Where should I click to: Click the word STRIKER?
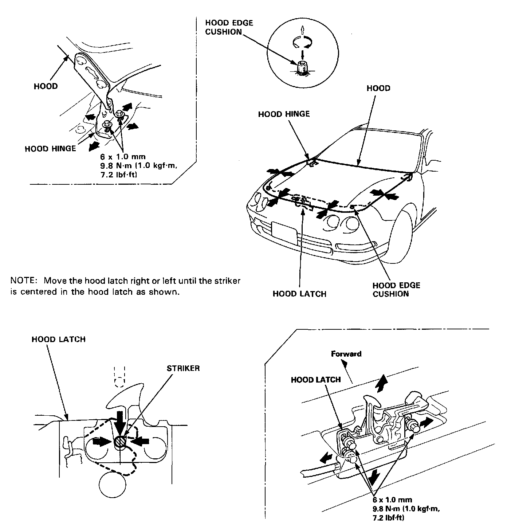[x=183, y=368]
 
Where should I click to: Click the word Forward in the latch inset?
[x=346, y=353]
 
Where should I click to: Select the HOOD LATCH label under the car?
[x=299, y=294]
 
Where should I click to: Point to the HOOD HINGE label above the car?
[x=284, y=114]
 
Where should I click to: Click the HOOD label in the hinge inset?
[x=46, y=86]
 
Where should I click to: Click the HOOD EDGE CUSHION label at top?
[x=229, y=27]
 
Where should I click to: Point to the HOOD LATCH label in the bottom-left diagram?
[x=58, y=339]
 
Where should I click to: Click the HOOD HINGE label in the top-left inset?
[x=50, y=149]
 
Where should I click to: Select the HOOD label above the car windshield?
[x=378, y=88]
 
